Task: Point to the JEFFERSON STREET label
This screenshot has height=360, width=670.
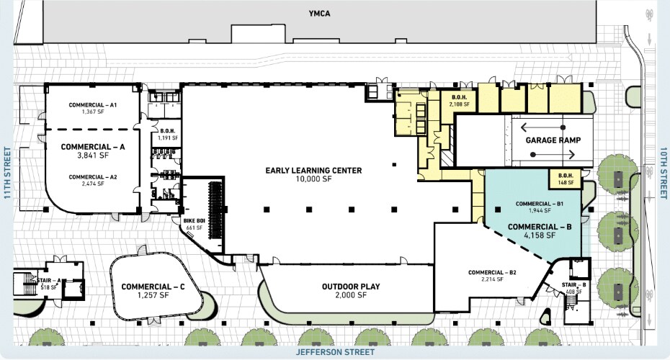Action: pyautogui.click(x=335, y=353)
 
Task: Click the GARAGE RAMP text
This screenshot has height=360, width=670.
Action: pyautogui.click(x=553, y=140)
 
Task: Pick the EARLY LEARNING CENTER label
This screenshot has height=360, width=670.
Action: pyautogui.click(x=313, y=171)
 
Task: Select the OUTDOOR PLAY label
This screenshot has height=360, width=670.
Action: pyautogui.click(x=351, y=287)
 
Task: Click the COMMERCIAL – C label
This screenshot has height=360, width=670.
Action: pyautogui.click(x=153, y=287)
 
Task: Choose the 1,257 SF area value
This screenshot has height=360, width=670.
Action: pyautogui.click(x=153, y=295)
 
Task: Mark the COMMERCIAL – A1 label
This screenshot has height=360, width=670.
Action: pyautogui.click(x=93, y=105)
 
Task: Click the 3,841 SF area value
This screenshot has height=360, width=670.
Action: pyautogui.click(x=93, y=156)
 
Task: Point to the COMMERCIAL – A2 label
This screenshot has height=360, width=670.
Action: pyautogui.click(x=93, y=176)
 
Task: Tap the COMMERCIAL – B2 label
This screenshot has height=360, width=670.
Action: pyautogui.click(x=492, y=272)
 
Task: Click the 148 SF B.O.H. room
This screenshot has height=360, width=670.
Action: pyautogui.click(x=566, y=179)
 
